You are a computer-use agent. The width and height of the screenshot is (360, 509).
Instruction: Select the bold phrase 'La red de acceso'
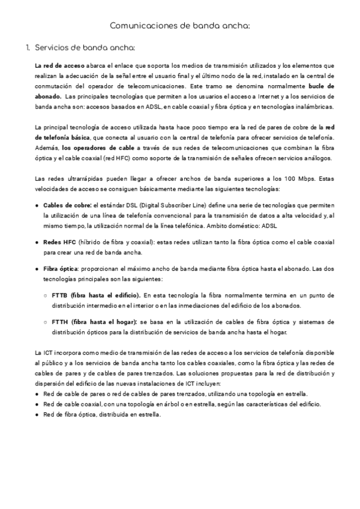(55, 65)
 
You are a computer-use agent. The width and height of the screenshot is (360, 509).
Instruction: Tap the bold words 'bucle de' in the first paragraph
(321, 86)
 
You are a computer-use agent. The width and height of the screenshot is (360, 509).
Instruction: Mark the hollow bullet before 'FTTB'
(46, 295)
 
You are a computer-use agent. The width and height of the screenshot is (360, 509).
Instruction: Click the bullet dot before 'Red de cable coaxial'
(38, 404)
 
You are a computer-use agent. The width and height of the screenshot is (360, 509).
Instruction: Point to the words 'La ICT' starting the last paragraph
(43, 351)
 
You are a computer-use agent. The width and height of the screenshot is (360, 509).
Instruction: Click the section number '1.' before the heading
(28, 47)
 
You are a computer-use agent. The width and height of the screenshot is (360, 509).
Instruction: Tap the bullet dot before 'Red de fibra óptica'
(38, 414)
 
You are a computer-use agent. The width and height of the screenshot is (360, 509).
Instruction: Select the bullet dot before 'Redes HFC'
(38, 242)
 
